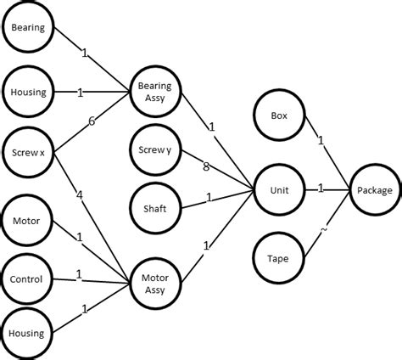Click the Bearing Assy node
[x=154, y=91]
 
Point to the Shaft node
[x=154, y=209]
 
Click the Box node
[x=279, y=115]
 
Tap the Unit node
[x=279, y=190]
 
